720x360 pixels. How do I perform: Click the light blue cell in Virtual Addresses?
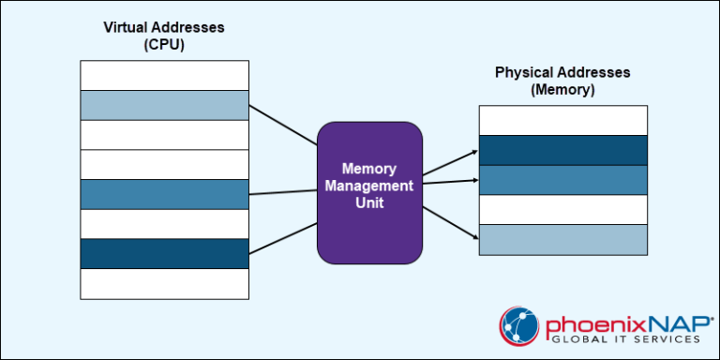164,105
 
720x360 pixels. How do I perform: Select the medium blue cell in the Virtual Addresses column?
164,194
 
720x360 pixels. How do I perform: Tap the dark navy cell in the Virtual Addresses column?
164,254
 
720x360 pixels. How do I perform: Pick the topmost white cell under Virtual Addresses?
164,75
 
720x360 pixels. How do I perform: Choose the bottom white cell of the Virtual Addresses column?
164,283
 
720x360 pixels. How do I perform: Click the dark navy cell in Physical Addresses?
562,150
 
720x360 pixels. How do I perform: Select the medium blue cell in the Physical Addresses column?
562,180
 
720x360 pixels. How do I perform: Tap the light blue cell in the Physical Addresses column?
562,240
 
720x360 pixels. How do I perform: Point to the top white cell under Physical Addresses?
562,120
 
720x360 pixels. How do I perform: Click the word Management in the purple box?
369,186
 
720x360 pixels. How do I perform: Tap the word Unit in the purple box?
369,202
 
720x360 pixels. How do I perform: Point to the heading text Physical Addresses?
562,73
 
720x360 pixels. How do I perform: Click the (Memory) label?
562,90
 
